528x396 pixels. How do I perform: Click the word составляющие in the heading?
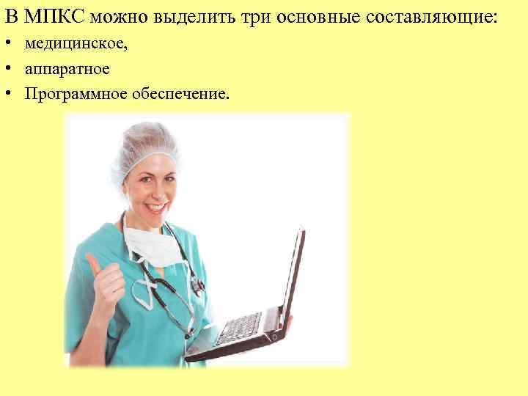coord(436,17)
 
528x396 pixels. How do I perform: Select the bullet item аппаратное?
coord(67,70)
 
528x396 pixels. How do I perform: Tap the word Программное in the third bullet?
coord(68,94)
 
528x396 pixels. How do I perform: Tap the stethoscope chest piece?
coord(197,286)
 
